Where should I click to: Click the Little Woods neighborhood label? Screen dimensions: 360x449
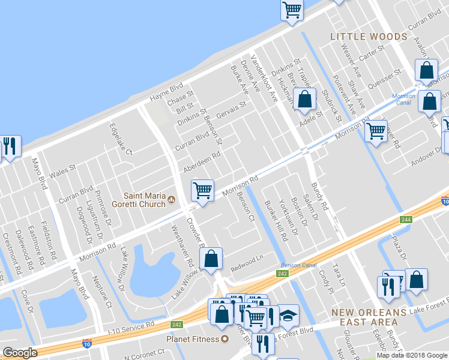pos(369,37)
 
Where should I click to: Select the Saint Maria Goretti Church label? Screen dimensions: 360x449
pos(144,199)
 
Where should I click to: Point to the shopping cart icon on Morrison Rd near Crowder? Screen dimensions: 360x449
pos(202,190)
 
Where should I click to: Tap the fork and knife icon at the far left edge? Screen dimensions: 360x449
pos(9,146)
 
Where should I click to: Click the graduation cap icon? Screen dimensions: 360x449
pos(289,316)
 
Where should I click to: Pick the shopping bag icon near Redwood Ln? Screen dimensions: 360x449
pos(211,259)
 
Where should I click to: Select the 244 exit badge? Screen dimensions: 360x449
pos(406,220)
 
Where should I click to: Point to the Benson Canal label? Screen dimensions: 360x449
pos(297,265)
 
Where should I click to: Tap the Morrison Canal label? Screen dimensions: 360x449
pos(403,99)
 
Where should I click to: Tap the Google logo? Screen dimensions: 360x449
pos(20,353)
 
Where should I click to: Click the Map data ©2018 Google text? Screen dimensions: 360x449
pos(411,355)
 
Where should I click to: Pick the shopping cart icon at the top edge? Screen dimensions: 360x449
pos(291,10)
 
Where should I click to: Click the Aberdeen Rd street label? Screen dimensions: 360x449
pos(202,160)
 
